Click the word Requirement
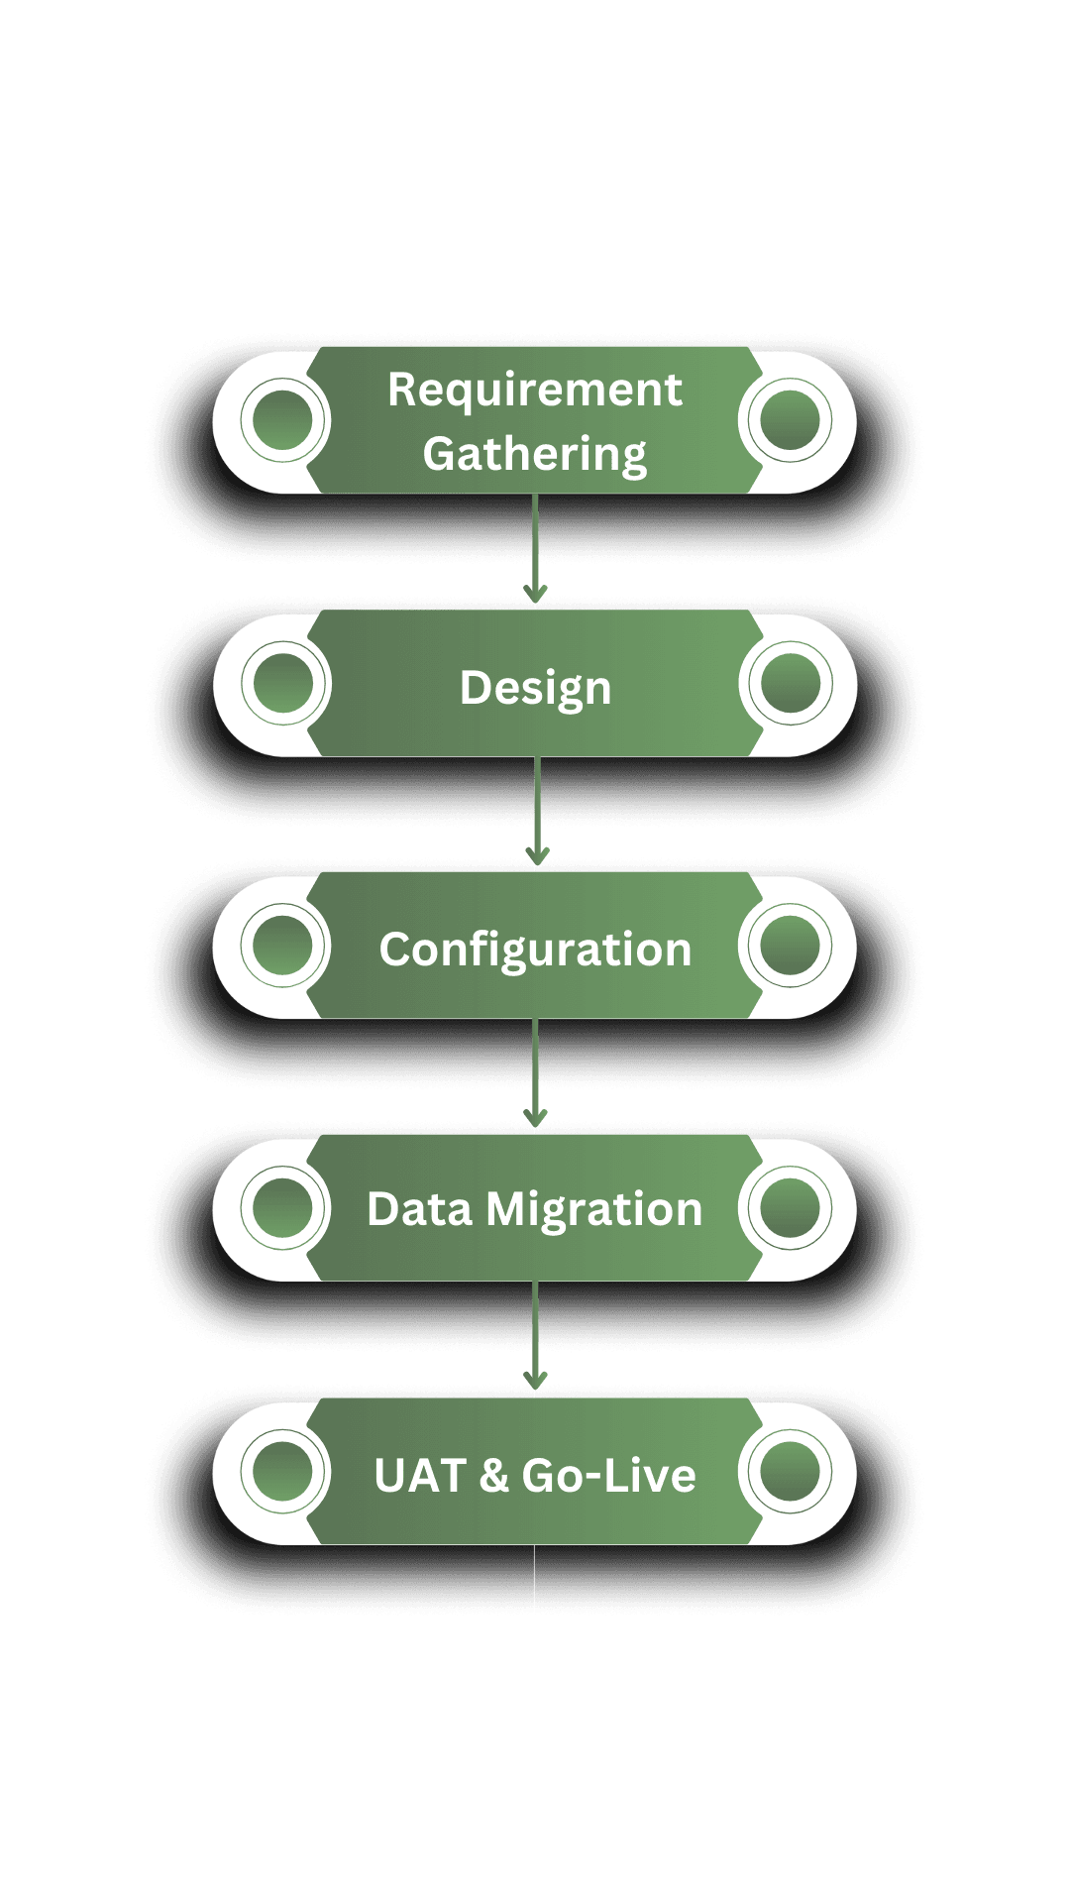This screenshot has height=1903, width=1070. [534, 390]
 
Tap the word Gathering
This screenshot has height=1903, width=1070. [534, 455]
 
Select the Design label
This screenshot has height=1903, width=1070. [535, 688]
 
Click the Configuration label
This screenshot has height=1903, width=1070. [535, 950]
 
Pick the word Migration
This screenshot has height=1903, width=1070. [594, 1210]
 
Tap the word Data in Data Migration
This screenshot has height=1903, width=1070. [419, 1210]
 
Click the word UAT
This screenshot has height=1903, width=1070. [420, 1476]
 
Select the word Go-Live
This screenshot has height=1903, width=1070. [608, 1476]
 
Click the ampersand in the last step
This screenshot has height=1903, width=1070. [493, 1476]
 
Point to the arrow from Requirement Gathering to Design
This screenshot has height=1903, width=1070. [536, 550]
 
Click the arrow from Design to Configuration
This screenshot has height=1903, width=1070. [537, 813]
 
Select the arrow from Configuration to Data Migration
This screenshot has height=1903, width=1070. [536, 1075]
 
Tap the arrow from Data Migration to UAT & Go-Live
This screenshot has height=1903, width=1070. [536, 1338]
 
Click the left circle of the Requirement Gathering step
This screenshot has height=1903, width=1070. [282, 419]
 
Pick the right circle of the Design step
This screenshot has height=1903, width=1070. [790, 683]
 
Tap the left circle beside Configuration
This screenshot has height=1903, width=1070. [282, 945]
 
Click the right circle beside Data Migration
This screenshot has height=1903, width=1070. [790, 1208]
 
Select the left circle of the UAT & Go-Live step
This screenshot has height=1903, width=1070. [282, 1471]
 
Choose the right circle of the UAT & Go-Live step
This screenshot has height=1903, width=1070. [790, 1471]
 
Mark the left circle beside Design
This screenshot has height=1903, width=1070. [282, 683]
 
